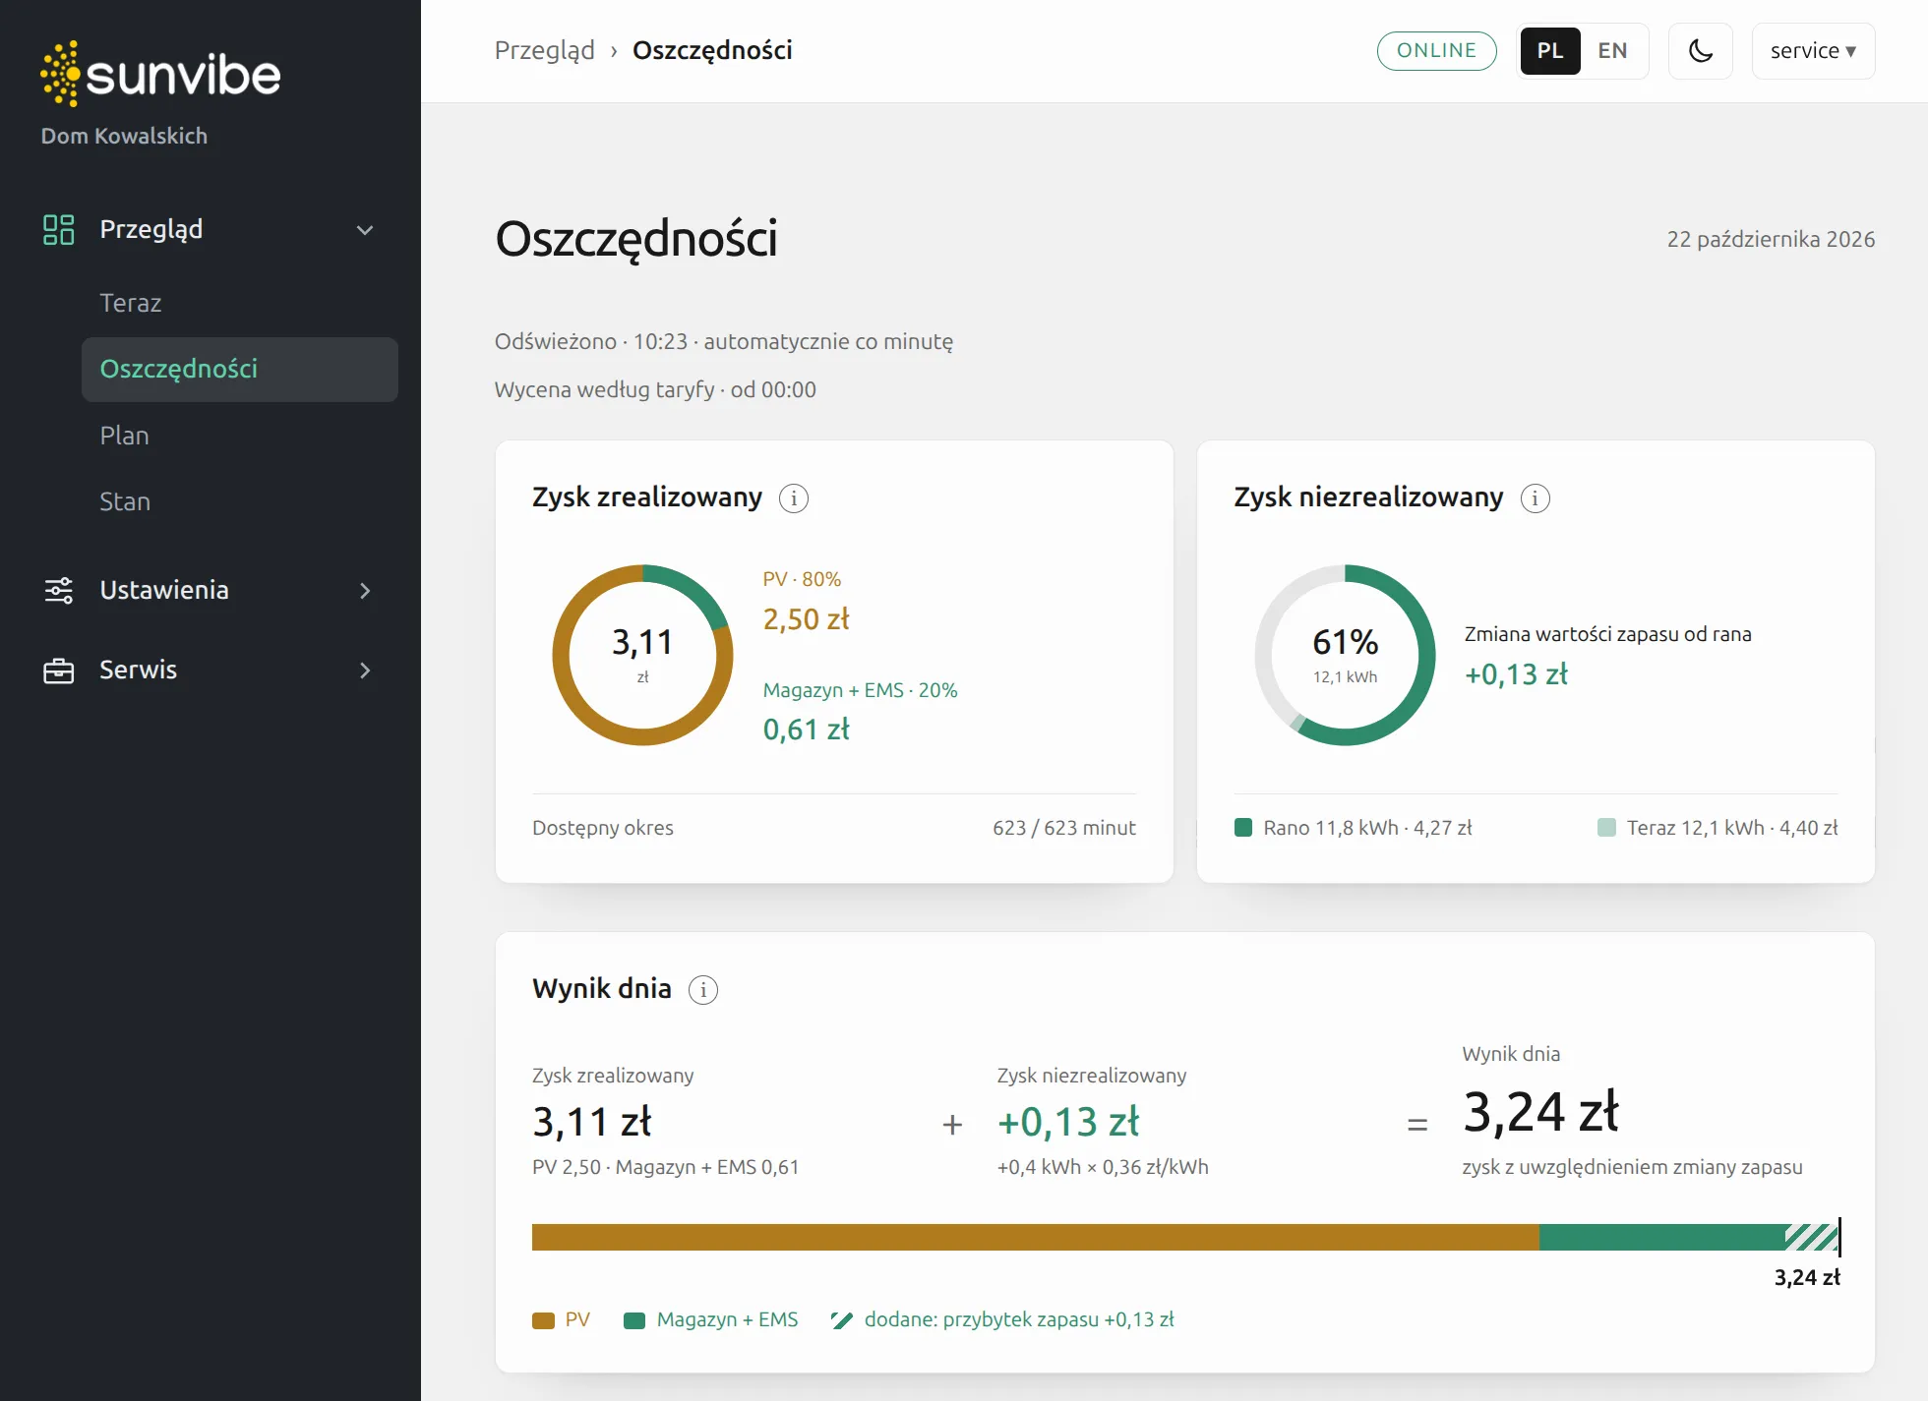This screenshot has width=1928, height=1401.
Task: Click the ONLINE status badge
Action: (1436, 51)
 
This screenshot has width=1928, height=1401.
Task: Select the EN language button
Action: (1612, 51)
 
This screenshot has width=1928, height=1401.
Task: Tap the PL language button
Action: (1550, 51)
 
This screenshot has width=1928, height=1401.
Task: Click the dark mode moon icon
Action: (1700, 51)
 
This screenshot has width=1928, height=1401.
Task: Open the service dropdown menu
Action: (1813, 51)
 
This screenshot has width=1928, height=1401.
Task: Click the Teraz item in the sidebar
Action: (131, 303)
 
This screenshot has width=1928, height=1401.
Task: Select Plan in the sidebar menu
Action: (125, 436)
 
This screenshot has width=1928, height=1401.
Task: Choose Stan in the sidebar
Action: (125, 501)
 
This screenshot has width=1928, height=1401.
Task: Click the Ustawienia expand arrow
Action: (365, 591)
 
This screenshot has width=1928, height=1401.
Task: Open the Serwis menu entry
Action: (139, 670)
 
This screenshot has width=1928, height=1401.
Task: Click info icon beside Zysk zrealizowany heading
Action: (794, 498)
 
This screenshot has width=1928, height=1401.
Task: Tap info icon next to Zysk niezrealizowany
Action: (1536, 498)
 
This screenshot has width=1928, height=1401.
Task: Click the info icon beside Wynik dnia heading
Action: (703, 990)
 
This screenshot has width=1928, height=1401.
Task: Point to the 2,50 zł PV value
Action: (807, 619)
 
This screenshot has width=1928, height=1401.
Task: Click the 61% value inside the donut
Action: (1346, 642)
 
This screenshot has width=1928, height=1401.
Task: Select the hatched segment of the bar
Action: (1812, 1237)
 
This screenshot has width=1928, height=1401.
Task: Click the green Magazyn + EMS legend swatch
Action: (634, 1320)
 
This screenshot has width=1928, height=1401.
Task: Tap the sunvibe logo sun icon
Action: (60, 74)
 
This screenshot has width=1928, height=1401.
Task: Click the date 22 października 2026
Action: (1771, 239)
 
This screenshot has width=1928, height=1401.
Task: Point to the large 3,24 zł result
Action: (1540, 1112)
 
